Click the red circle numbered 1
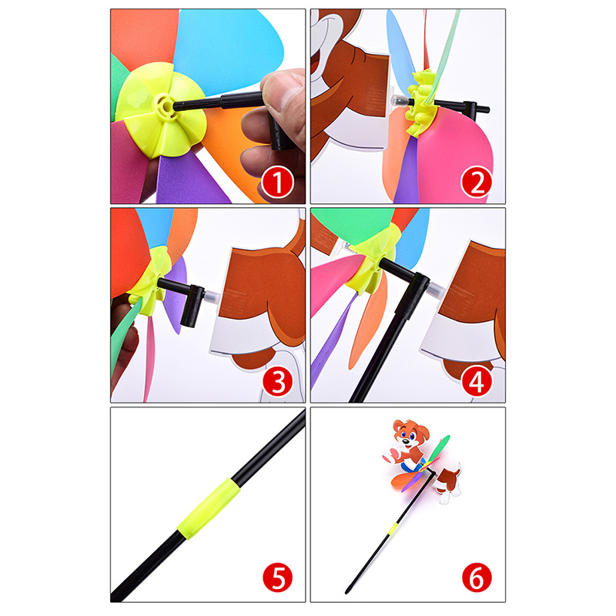(278, 182)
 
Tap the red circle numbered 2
(477, 182)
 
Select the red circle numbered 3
(278, 381)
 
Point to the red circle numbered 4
(477, 381)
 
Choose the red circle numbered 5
(278, 578)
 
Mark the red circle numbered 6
(477, 578)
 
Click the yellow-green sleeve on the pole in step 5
(209, 508)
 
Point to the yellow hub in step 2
(421, 102)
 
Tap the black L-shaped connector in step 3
(184, 300)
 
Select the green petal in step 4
(353, 226)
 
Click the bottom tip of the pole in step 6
(346, 591)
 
